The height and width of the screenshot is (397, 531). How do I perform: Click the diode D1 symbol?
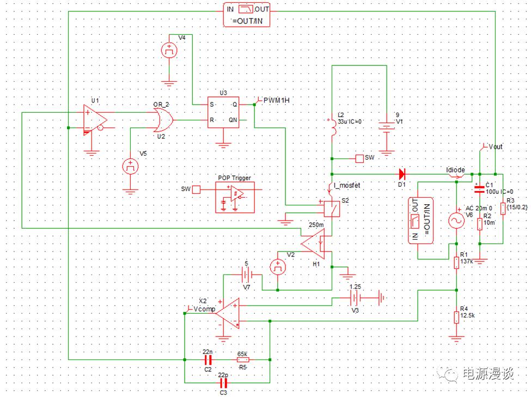tap(402, 174)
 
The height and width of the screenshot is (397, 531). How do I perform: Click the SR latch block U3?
tap(223, 112)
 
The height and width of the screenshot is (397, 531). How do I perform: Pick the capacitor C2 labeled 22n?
tap(207, 360)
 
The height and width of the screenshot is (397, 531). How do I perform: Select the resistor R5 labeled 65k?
tap(243, 360)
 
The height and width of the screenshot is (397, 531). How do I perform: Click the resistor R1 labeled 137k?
tap(456, 263)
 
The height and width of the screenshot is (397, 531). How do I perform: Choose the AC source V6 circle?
tap(455, 221)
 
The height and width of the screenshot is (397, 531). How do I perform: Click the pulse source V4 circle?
tap(170, 51)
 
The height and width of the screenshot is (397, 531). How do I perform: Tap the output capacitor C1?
tap(479, 188)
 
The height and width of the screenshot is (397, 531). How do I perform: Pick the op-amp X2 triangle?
tap(229, 313)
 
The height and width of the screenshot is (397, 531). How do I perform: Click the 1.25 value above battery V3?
tap(355, 286)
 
